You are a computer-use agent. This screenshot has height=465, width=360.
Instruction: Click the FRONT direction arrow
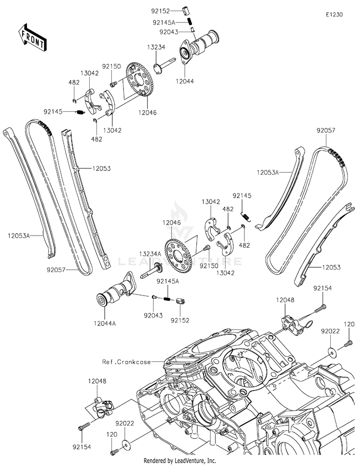32,37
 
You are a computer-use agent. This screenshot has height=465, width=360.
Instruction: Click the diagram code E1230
334,14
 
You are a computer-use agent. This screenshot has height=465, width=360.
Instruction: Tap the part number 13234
156,47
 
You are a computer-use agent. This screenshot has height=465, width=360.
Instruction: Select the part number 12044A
105,323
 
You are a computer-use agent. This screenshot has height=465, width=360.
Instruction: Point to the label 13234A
150,254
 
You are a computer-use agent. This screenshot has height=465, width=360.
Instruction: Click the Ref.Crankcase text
126,362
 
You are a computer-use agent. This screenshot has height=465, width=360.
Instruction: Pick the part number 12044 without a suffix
185,81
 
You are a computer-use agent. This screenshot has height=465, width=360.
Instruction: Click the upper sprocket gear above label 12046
140,79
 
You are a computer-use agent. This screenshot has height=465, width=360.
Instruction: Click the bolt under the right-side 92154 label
321,309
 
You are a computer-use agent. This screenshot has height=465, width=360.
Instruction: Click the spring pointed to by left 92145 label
80,112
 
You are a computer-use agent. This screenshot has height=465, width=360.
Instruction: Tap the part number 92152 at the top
160,11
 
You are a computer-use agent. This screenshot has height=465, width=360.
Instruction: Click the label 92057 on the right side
326,130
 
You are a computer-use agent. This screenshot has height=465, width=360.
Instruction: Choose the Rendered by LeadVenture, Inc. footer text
180,461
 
